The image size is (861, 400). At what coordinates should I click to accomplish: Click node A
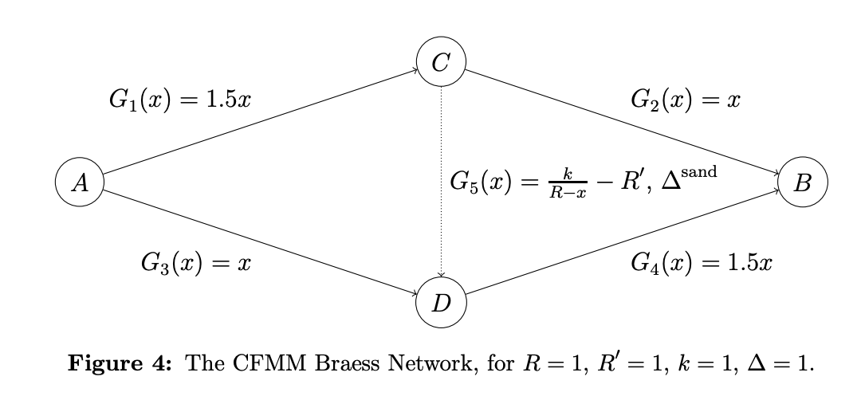click(80, 183)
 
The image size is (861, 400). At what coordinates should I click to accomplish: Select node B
click(803, 183)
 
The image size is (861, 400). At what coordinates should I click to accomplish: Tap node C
click(441, 63)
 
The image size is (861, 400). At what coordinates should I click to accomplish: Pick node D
click(441, 303)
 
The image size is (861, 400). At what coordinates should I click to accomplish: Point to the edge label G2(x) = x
click(686, 100)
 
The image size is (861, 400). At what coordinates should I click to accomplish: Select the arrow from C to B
click(622, 123)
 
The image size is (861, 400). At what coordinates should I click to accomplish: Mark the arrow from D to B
click(622, 243)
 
